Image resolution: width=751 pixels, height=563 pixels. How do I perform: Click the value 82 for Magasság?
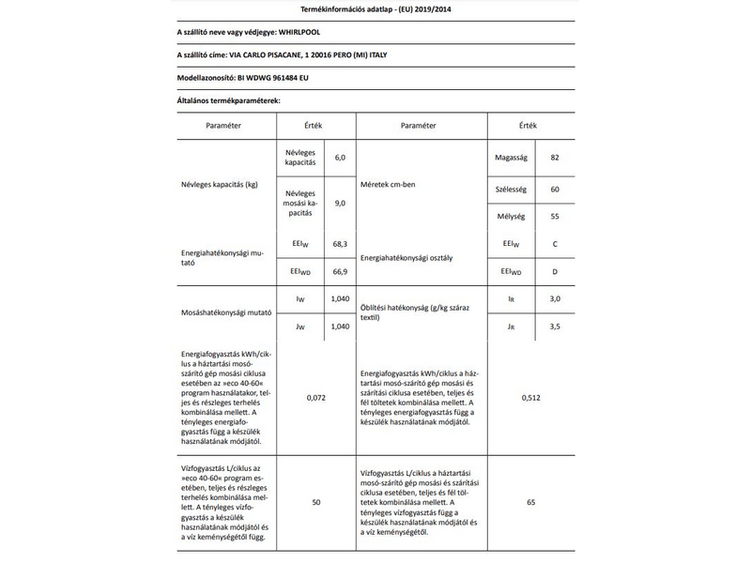pos(555,157)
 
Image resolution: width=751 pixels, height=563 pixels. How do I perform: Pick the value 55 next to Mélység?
pos(555,216)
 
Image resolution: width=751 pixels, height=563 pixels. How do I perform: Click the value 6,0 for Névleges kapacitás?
pos(340,157)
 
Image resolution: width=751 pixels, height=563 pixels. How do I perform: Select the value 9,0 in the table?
pos(340,203)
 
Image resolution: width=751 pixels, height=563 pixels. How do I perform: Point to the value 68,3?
pos(340,244)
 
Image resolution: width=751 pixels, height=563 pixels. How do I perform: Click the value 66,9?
pos(340,272)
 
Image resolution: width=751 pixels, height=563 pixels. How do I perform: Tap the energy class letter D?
pos(555,271)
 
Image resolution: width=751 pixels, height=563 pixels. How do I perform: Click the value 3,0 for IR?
pos(555,298)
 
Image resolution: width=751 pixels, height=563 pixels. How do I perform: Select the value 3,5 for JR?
pos(555,326)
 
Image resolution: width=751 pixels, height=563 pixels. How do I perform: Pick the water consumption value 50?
pos(316,503)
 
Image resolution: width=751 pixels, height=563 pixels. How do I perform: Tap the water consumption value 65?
pos(530,503)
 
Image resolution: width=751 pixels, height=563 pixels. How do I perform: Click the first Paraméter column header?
pos(223,125)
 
